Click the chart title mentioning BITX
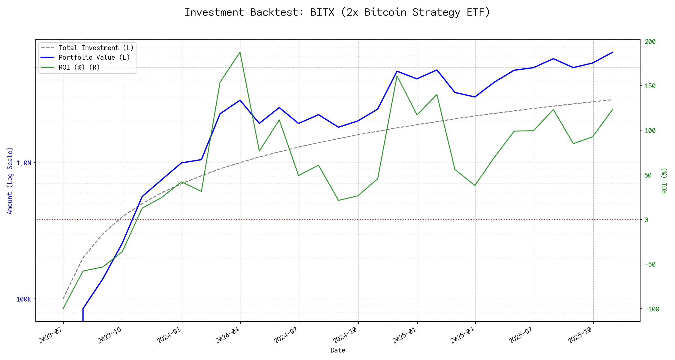pos(337,12)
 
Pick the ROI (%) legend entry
pos(79,67)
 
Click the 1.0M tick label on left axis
pos(24,163)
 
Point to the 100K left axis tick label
pos(24,299)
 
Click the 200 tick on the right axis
pos(650,42)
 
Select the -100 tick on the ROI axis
pos(652,309)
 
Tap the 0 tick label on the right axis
pos(646,220)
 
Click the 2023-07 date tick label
pos(50,335)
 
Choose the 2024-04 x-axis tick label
pos(227,335)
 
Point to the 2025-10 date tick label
pos(580,335)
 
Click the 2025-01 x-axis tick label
pos(404,335)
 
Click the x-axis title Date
pos(338,350)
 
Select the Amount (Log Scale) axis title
pos(10,181)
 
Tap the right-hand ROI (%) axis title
pos(664,181)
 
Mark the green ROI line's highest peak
pos(240,52)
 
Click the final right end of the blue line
pos(613,52)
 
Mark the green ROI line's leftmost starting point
pos(63,309)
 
